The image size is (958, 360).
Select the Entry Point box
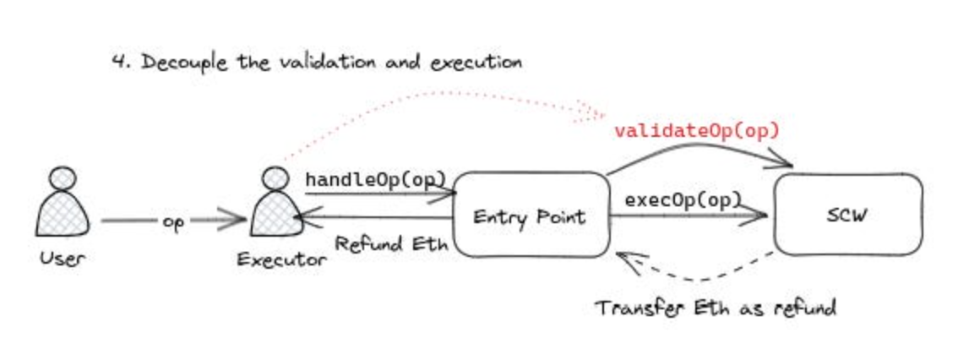pos(530,217)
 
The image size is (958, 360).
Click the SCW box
pos(848,215)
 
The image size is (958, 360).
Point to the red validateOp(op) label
pos(696,131)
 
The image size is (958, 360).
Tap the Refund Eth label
pos(391,244)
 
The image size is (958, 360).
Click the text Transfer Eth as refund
pos(715,307)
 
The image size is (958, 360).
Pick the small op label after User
pos(172,223)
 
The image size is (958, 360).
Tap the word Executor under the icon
pos(281,259)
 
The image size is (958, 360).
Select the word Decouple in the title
pos(181,63)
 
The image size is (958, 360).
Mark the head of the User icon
pos(63,180)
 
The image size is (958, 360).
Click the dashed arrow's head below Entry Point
pos(626,259)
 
